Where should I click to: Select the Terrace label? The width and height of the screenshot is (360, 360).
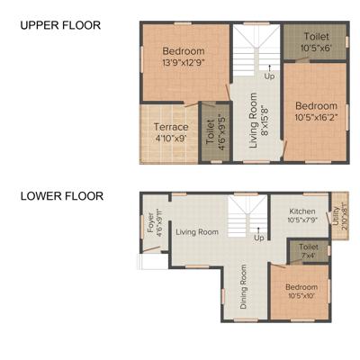pos(171,127)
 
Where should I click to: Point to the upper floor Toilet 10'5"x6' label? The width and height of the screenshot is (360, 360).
pos(315,40)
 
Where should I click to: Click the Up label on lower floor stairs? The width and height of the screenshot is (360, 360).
pos(259,238)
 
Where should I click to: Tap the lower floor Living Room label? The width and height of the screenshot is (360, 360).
pos(196,232)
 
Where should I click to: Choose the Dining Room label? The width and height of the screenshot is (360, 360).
pos(244,287)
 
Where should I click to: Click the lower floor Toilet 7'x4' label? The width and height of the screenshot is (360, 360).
pos(308,251)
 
